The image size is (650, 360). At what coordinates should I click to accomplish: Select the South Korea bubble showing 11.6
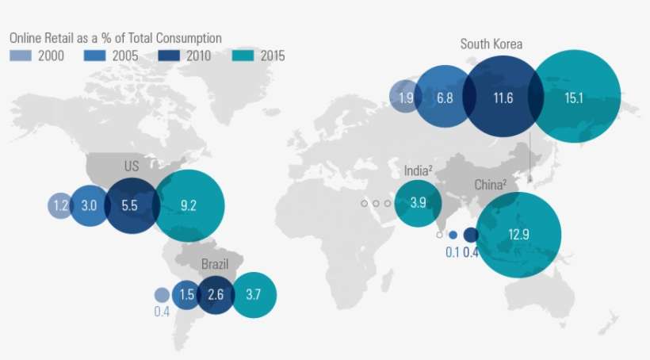tap(503, 98)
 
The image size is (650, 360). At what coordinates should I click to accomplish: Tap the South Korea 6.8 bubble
tap(445, 98)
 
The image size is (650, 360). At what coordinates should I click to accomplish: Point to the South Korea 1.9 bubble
tap(405, 98)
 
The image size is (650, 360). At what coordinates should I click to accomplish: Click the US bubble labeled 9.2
tap(189, 205)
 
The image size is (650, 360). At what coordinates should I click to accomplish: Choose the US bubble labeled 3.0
tap(89, 205)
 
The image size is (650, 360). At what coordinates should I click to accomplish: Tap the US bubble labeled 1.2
tap(60, 205)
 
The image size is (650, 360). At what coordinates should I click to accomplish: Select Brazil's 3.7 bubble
tap(254, 295)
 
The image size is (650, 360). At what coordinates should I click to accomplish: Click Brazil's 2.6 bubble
tap(215, 295)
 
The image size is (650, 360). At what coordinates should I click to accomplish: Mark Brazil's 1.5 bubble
tap(186, 295)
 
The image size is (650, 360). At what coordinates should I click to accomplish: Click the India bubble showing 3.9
tap(418, 202)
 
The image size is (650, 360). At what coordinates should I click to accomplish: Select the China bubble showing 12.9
tap(518, 234)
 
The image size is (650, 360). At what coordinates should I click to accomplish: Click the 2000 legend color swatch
tap(21, 56)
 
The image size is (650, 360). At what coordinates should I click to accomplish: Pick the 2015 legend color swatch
tap(243, 56)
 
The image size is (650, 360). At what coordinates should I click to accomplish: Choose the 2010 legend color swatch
tap(168, 56)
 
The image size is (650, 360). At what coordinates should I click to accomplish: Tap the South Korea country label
tap(491, 44)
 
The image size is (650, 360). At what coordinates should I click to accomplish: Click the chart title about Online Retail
tap(115, 38)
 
